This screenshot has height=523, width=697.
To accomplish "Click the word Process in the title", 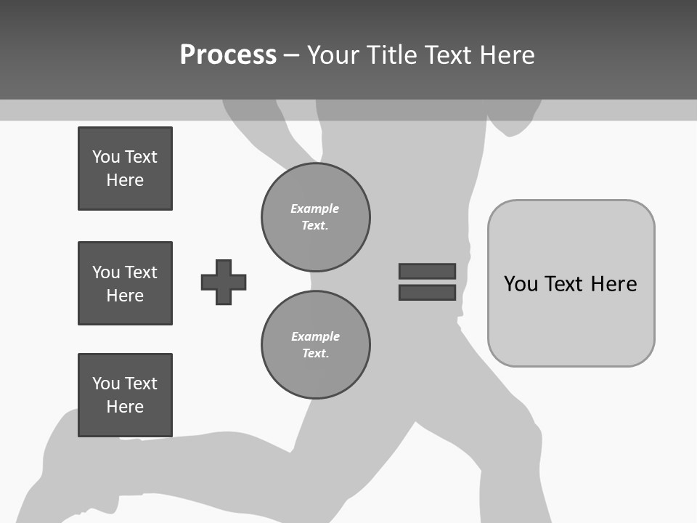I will (228, 55).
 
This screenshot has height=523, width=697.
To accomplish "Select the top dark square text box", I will (125, 169).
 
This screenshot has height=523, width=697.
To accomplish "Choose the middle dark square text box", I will (125, 283).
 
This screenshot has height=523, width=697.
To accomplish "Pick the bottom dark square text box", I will (125, 395).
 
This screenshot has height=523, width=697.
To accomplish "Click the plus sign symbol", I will (224, 282).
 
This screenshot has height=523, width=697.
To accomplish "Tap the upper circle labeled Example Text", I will (316, 217).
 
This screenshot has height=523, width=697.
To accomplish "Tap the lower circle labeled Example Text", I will (316, 345).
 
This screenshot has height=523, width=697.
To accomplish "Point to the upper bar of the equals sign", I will (427, 271).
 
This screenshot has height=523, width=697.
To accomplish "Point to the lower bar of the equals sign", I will (427, 293).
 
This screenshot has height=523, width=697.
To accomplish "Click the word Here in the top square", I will (125, 180).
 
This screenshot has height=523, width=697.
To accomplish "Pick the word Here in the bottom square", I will (125, 407).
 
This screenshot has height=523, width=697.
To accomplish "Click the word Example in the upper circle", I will (314, 208).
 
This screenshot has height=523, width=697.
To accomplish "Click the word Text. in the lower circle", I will (316, 354).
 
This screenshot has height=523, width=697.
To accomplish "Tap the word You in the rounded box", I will (521, 284).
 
